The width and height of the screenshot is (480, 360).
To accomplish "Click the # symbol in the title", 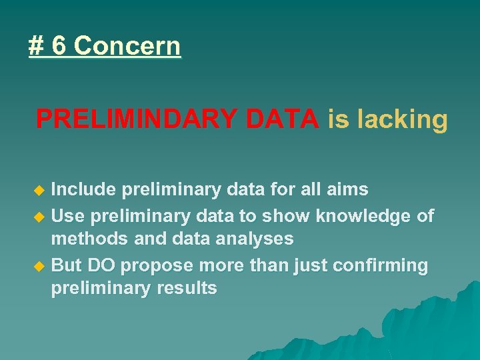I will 36,47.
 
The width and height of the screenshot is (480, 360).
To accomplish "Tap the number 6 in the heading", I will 59,47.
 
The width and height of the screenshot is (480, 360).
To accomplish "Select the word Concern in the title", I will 127,47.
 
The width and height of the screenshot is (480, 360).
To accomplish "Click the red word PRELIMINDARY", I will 137,119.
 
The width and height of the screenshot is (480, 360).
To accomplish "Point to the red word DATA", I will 282,119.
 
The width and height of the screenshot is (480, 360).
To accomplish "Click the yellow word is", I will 339,119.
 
